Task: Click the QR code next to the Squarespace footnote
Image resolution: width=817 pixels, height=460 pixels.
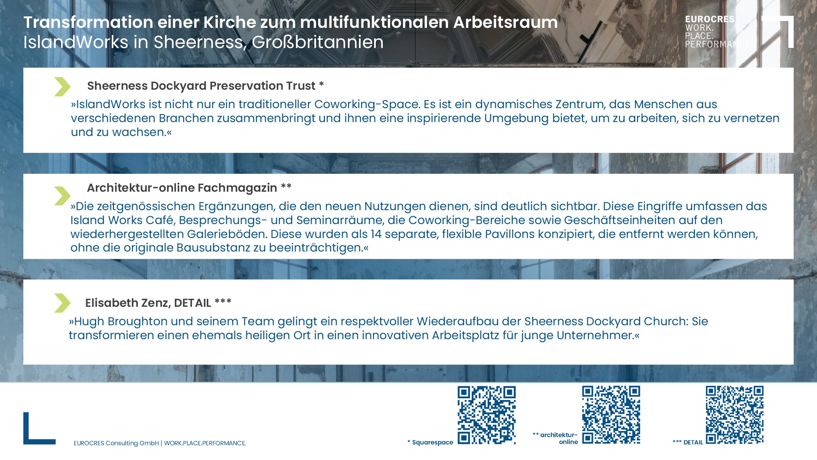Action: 486,415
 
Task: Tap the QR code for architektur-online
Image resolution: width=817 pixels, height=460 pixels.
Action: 611,415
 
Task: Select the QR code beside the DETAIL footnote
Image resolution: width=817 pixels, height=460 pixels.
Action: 735,415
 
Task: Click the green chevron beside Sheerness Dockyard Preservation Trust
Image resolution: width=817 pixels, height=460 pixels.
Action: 62,86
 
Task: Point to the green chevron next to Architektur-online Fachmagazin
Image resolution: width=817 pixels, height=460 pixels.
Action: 62,195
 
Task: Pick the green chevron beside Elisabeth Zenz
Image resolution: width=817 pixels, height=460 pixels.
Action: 62,303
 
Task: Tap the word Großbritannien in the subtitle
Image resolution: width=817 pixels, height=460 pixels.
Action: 318,42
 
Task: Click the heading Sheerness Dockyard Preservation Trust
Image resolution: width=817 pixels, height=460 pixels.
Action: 201,86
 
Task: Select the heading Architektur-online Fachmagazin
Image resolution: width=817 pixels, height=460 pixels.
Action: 182,188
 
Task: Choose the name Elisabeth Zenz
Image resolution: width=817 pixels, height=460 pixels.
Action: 128,303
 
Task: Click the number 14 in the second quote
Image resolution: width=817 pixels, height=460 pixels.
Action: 376,234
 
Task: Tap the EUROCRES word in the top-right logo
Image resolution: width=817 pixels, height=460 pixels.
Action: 710,19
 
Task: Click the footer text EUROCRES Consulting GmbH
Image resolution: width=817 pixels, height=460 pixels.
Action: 116,443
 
